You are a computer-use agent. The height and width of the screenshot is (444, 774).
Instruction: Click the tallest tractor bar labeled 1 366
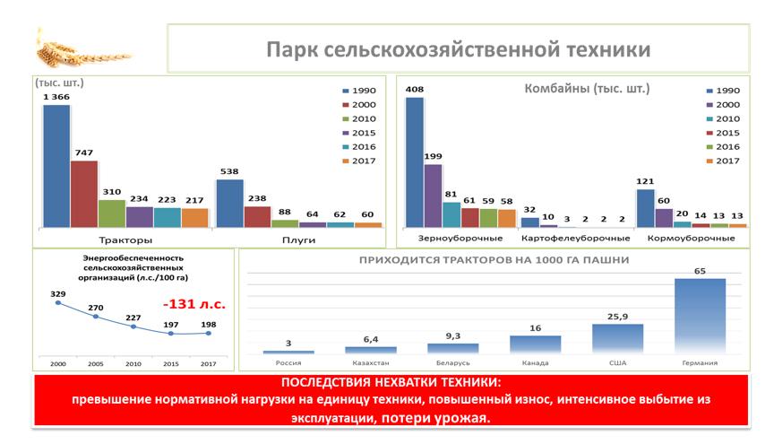click(56, 166)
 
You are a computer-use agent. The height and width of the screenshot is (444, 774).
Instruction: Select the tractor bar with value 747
click(84, 194)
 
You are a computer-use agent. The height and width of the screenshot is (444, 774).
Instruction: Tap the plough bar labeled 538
click(229, 203)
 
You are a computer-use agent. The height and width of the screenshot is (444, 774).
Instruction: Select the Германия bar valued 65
click(700, 316)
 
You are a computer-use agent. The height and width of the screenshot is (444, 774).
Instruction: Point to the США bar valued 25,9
click(617, 338)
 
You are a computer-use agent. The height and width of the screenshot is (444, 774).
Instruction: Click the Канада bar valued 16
click(535, 344)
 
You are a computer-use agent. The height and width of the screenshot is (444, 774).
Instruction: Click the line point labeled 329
click(57, 303)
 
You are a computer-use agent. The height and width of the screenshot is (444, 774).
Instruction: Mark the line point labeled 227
click(133, 326)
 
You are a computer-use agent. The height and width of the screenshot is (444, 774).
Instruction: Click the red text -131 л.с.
click(200, 304)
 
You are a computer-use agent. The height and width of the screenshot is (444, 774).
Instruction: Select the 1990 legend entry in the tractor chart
click(359, 91)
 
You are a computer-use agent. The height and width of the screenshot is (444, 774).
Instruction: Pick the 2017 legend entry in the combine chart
click(722, 161)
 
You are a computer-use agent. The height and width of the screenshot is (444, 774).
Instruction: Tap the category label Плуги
click(297, 240)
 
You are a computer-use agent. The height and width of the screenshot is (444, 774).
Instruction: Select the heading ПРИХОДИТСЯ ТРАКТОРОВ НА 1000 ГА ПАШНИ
click(494, 260)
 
